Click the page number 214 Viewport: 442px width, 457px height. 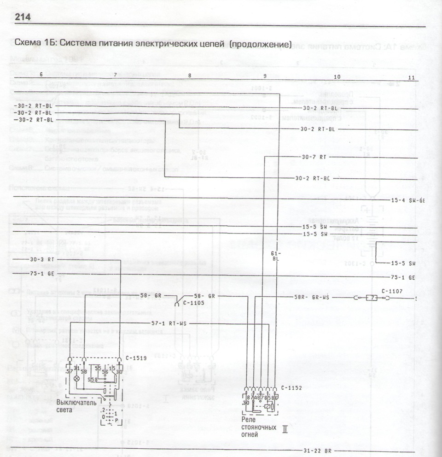pyautogui.click(x=23, y=17)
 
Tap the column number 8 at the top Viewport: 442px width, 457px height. pyautogui.click(x=190, y=75)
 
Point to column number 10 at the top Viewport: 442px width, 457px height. pyautogui.click(x=337, y=76)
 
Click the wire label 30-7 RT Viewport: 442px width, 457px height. pyautogui.click(x=314, y=157)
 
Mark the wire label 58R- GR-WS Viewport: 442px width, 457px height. pyautogui.click(x=312, y=297)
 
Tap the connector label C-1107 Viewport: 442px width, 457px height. pyautogui.click(x=392, y=291)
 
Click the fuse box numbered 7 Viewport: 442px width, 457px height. pyautogui.click(x=371, y=298)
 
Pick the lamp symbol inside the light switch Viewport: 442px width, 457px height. pyautogui.click(x=76, y=378)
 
